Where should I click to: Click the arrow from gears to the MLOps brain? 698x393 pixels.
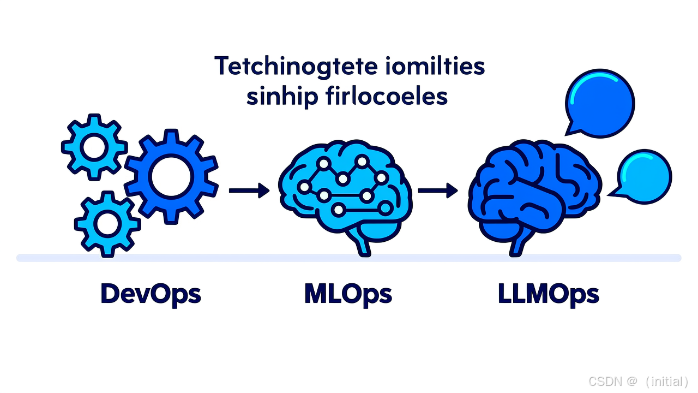[249, 190]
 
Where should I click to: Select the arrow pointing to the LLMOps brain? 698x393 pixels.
[438, 190]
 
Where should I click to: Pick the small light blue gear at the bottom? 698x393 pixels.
[107, 222]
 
